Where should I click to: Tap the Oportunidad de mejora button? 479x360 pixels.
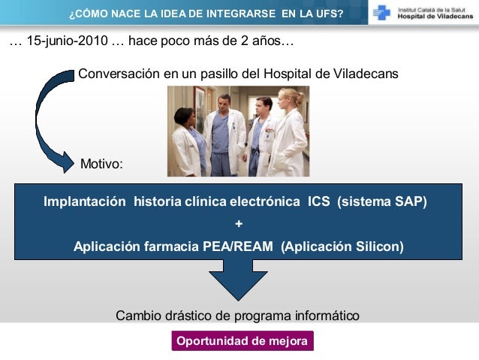click(x=242, y=341)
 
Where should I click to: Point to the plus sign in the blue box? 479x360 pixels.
click(x=239, y=224)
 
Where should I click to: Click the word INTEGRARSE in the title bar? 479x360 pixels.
click(x=221, y=13)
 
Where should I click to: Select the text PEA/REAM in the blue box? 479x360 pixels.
click(x=238, y=246)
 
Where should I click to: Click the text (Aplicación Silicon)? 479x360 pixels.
click(x=342, y=246)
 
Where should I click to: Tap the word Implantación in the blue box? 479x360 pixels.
click(x=85, y=202)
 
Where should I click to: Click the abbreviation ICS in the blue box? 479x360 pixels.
click(x=319, y=202)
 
